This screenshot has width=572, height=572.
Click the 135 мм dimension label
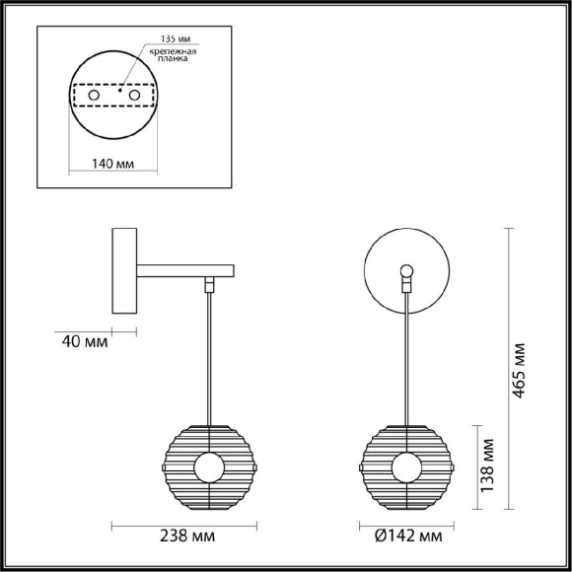[173, 38]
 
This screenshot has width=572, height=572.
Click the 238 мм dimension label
[187, 536]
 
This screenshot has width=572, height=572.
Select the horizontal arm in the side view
[185, 268]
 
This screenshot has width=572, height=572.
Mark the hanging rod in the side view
[208, 355]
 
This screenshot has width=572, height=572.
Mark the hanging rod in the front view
[406, 355]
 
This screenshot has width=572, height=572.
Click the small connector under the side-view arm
[208, 284]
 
